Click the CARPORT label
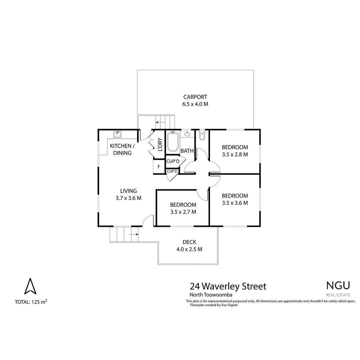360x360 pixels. click(x=195, y=97)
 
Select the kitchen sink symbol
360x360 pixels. click(x=117, y=134)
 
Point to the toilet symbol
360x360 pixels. click(x=201, y=136)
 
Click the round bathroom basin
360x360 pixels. click(x=187, y=134)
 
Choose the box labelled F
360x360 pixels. click(x=159, y=167)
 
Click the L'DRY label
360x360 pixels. click(x=160, y=145)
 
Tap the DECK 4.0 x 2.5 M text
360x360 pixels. click(x=189, y=246)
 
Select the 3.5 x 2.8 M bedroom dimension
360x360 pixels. click(x=235, y=154)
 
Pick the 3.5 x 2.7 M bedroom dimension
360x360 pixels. click(x=183, y=212)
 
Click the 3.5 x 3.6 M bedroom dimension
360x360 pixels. click(x=235, y=203)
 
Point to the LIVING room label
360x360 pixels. click(x=128, y=191)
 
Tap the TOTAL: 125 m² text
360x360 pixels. click(x=31, y=302)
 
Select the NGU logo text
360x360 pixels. click(x=338, y=285)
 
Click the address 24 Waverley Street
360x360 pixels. click(x=228, y=286)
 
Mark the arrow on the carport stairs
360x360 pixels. click(x=160, y=123)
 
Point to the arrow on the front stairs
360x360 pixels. click(x=133, y=234)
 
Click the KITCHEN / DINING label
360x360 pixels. click(x=122, y=149)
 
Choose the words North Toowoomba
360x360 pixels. click(x=211, y=295)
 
